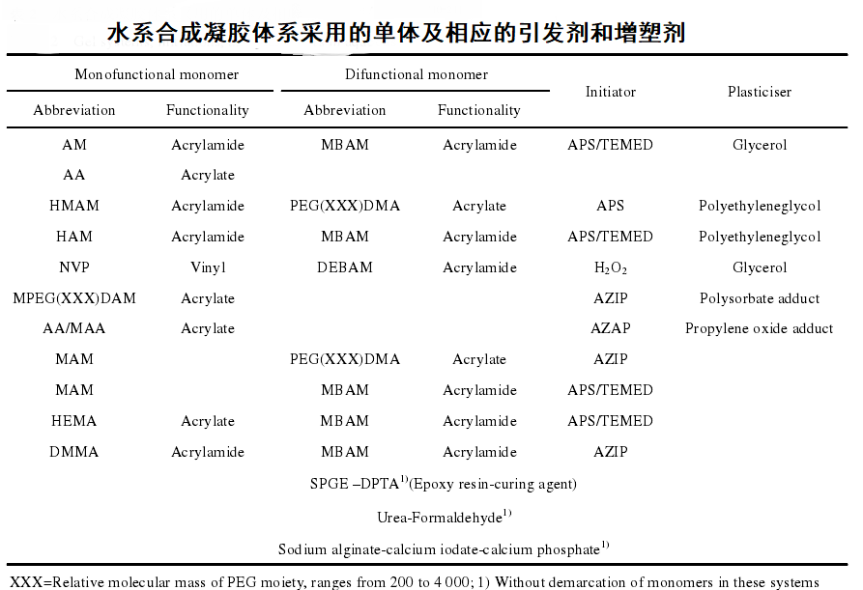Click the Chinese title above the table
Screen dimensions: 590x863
(396, 33)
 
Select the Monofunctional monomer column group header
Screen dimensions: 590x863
(157, 74)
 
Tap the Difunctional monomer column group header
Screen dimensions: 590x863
(417, 74)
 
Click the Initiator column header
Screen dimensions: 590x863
(610, 92)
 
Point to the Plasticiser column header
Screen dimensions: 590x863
(759, 92)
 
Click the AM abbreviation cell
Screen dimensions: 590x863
(74, 145)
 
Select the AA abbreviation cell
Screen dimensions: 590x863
(74, 176)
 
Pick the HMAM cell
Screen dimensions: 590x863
(74, 206)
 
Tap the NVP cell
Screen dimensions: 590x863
(74, 267)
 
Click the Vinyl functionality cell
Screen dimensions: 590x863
(208, 267)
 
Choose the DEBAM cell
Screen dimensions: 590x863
(344, 267)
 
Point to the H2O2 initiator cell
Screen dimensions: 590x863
(610, 267)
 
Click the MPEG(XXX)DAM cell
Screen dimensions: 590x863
(74, 298)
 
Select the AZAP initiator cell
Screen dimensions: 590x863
(610, 328)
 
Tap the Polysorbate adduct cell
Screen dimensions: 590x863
(759, 298)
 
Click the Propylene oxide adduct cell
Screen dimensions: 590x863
(759, 328)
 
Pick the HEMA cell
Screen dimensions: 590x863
(74, 421)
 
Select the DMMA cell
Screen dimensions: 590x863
(74, 452)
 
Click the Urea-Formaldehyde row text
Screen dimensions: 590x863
(444, 518)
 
